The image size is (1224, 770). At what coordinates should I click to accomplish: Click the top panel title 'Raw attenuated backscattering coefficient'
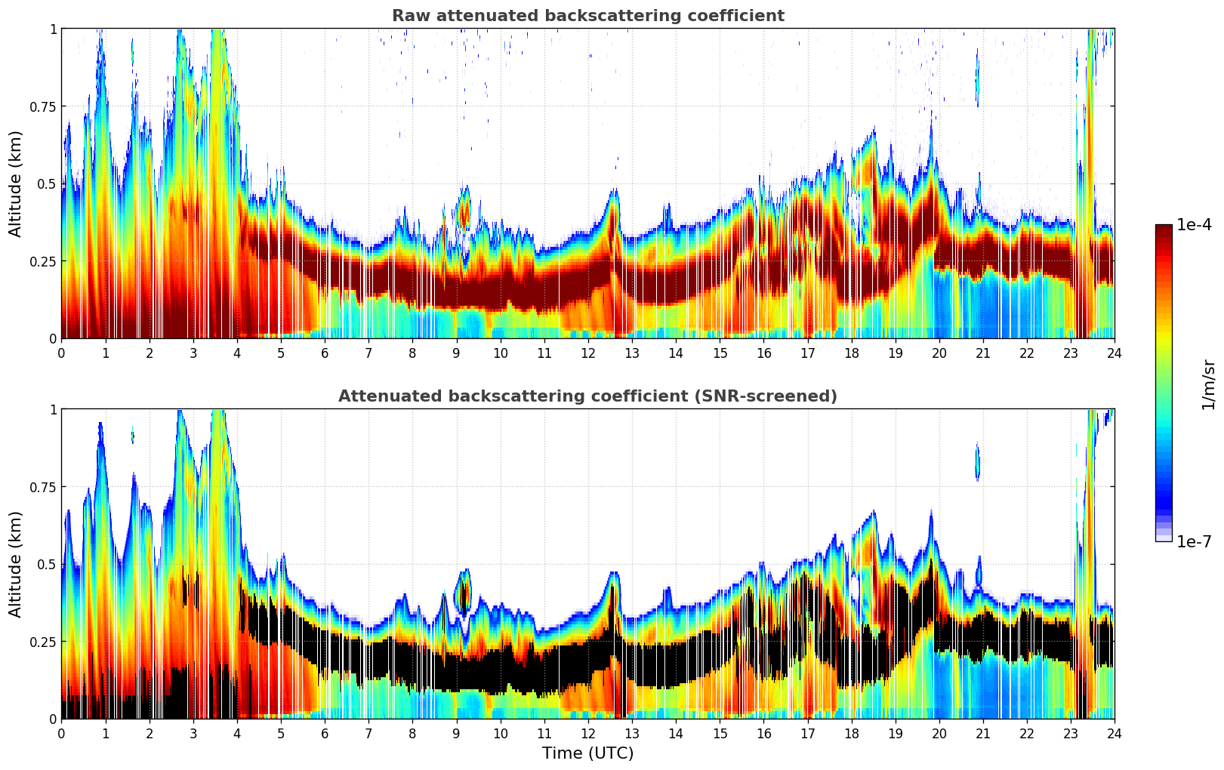[x=587, y=16]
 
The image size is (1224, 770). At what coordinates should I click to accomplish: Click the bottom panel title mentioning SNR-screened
[x=587, y=396]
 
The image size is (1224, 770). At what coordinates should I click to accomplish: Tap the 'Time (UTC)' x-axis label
[x=587, y=753]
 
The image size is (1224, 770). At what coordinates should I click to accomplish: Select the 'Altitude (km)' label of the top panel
[x=15, y=183]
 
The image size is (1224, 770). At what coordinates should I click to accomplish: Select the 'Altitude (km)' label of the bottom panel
[x=15, y=564]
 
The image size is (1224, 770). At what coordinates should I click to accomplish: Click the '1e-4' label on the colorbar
[x=1194, y=225]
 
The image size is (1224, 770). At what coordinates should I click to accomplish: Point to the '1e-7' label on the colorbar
[x=1194, y=541]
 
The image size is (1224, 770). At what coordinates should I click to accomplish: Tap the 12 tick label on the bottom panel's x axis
[x=587, y=733]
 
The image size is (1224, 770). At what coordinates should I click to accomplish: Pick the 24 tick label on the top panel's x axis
[x=1114, y=353]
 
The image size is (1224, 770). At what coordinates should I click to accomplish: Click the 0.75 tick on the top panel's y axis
[x=42, y=106]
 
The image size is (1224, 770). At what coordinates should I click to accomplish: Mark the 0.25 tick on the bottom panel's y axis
[x=42, y=642]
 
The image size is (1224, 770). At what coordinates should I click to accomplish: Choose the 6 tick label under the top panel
[x=325, y=353]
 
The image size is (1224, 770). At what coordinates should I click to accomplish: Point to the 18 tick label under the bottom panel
[x=851, y=733]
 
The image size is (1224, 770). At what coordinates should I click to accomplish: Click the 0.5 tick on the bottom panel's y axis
[x=47, y=564]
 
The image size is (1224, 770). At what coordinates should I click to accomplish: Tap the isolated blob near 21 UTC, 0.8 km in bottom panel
[x=977, y=461]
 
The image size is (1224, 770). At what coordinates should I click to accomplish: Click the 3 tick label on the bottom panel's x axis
[x=193, y=733]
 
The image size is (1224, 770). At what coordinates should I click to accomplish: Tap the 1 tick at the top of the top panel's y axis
[x=53, y=29]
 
